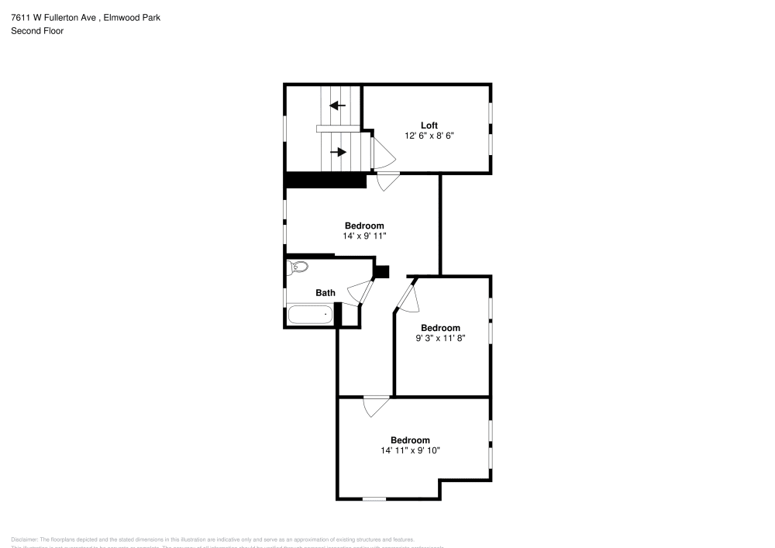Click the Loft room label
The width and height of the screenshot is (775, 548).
(429, 126)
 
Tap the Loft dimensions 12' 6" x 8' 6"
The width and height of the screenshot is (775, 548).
(429, 136)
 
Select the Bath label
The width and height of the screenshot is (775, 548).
(325, 293)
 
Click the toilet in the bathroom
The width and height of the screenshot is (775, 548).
(298, 268)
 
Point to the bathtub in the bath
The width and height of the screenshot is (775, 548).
(310, 315)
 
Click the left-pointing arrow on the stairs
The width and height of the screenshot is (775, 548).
(337, 105)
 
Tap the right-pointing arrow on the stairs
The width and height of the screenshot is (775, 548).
(338, 152)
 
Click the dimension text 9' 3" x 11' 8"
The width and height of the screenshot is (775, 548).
(440, 338)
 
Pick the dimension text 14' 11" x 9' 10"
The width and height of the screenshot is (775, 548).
(410, 450)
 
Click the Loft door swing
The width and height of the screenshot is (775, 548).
(383, 152)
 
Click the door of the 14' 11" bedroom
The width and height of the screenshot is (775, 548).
(376, 406)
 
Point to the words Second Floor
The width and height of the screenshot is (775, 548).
(37, 31)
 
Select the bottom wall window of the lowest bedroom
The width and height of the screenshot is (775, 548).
(374, 498)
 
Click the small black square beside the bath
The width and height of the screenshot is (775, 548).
(381, 271)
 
